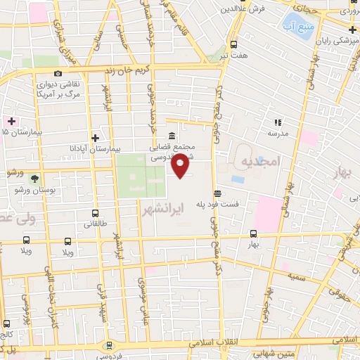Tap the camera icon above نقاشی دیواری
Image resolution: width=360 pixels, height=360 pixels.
tap(58, 73)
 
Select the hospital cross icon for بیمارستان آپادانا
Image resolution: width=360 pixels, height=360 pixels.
tap(96, 138)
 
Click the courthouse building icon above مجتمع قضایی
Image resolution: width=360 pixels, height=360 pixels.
tap(172, 136)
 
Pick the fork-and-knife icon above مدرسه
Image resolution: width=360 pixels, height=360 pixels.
tap(277, 122)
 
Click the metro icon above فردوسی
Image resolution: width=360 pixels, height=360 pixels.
tap(108, 346)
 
